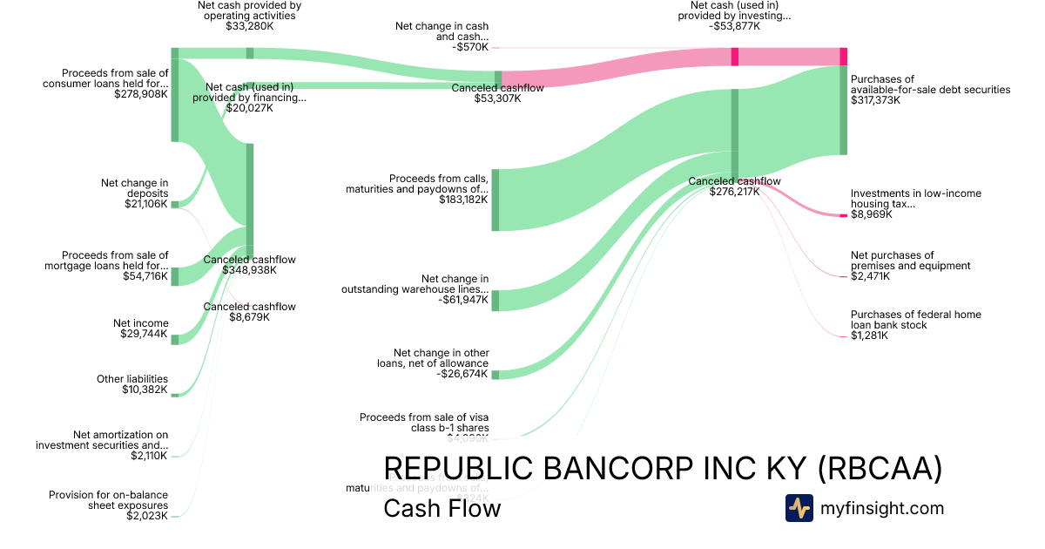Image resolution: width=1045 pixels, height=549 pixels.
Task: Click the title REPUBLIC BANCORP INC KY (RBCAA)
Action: click(x=663, y=469)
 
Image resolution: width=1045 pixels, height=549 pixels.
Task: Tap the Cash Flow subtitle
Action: click(x=442, y=508)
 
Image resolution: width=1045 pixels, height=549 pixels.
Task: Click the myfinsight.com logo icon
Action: click(x=799, y=508)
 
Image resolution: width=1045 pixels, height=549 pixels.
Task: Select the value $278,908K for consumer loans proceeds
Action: click(x=141, y=94)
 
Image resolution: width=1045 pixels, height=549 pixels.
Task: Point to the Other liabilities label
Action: click(x=132, y=379)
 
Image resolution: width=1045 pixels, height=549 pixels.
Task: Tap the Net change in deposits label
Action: click(x=134, y=188)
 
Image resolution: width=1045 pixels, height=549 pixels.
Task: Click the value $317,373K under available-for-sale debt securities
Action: click(x=876, y=100)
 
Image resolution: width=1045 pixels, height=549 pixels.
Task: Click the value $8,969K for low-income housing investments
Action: click(x=871, y=214)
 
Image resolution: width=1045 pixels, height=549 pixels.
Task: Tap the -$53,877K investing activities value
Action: click(x=734, y=26)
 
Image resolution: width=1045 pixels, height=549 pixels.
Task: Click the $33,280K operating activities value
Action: click(x=250, y=26)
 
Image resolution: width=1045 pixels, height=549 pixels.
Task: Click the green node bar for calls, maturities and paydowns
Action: click(x=496, y=200)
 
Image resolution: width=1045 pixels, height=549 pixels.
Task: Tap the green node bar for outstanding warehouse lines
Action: click(x=496, y=301)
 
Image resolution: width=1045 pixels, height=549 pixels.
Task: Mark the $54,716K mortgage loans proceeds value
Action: click(x=145, y=276)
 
